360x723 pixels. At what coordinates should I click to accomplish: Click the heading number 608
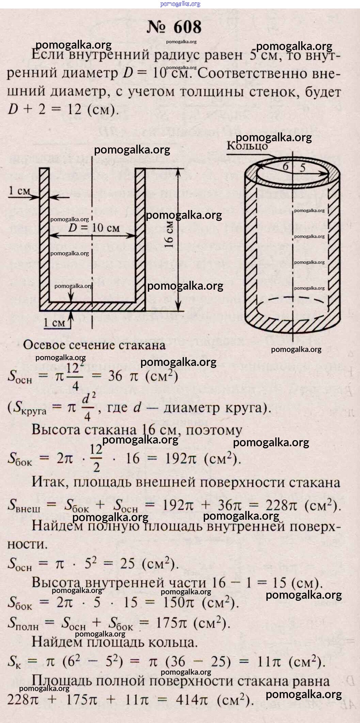pyautogui.click(x=187, y=27)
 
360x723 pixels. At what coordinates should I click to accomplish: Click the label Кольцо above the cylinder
pyautogui.click(x=247, y=146)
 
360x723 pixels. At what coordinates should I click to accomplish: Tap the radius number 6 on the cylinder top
pyautogui.click(x=285, y=166)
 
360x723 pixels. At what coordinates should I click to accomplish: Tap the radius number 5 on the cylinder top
pyautogui.click(x=303, y=167)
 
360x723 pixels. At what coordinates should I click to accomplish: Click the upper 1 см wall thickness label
pyautogui.click(x=19, y=191)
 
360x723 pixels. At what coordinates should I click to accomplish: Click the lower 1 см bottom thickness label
pyautogui.click(x=54, y=322)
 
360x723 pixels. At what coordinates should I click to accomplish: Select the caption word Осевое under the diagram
pyautogui.click(x=44, y=345)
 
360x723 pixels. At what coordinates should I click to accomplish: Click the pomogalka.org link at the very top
pyautogui.click(x=180, y=4)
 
